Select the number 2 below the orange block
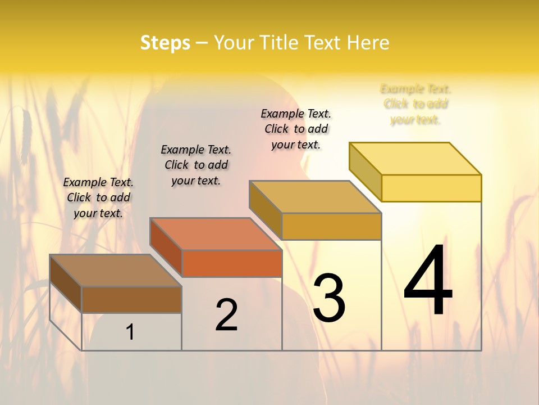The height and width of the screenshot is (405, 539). coord(227,315)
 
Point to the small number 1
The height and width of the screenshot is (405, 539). coord(130,332)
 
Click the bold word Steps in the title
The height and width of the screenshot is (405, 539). coord(165,43)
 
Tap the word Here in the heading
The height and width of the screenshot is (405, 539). coord(368,43)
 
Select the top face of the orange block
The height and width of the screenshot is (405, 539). coord(216,233)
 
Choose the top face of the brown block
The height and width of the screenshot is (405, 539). coord(116,271)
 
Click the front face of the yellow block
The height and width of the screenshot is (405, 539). coord(431,188)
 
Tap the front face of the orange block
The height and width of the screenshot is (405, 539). coord(232,263)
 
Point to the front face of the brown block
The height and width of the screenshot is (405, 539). coord(131,299)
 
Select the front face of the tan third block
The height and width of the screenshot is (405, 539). coord(331,226)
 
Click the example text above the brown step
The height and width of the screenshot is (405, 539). coord(98,197)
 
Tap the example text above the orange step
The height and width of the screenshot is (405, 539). coord(196,165)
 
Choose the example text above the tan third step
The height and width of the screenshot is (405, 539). coord(296,129)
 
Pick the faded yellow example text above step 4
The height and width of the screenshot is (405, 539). coord(415,104)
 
